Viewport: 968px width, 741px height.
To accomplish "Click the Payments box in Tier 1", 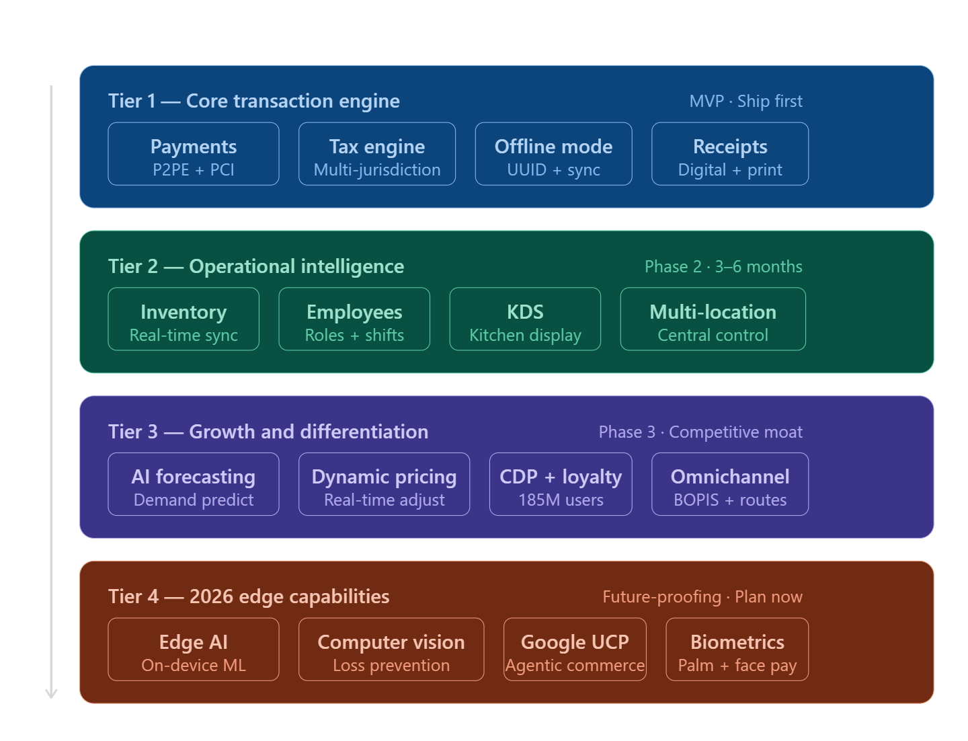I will pos(194,154).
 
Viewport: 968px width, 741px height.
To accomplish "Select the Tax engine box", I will pos(377,154).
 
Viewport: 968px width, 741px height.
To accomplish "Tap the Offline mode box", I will pos(553,154).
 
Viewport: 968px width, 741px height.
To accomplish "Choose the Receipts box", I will pos(730,154).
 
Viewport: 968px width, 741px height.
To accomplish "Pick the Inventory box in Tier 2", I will pos(184,319).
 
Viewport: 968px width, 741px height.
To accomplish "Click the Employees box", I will pos(354,319).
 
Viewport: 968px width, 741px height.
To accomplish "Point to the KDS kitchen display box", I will pos(525,319).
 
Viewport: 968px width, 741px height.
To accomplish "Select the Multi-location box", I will pos(713,319).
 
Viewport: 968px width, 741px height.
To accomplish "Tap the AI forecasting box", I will pos(194,484).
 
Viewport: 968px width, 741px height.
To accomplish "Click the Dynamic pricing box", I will pos(384,484).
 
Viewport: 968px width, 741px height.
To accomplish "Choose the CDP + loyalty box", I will pos(561,484).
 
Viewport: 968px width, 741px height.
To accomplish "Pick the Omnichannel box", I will pos(730,484).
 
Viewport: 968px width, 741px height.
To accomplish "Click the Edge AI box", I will pos(194,650).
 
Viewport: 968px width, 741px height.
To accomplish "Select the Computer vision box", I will pos(391,650).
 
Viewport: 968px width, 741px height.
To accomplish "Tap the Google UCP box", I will pos(575,650).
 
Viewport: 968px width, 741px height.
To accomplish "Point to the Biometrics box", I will pos(737,650).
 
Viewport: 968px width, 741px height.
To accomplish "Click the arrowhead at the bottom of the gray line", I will pos(51,693).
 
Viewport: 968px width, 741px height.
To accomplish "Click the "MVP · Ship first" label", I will pos(745,102).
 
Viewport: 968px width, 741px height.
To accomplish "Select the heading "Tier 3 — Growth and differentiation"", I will pos(268,432).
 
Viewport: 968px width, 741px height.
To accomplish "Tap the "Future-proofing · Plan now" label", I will pos(702,597).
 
